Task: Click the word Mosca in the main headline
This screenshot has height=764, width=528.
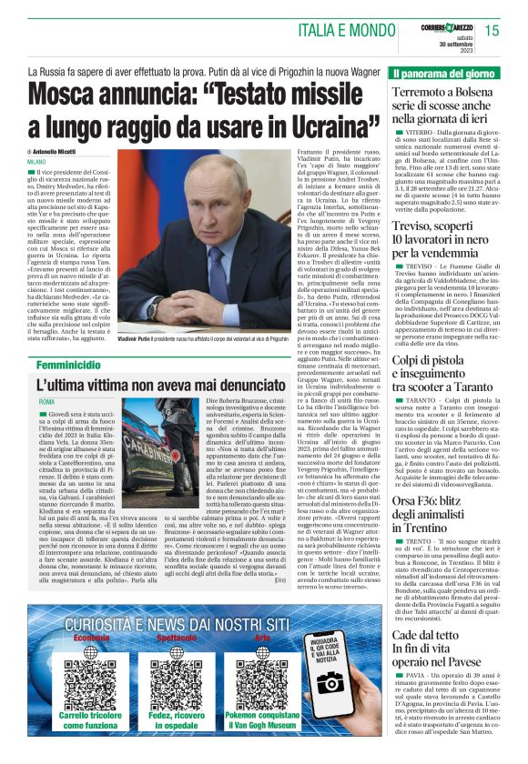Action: click(75, 94)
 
